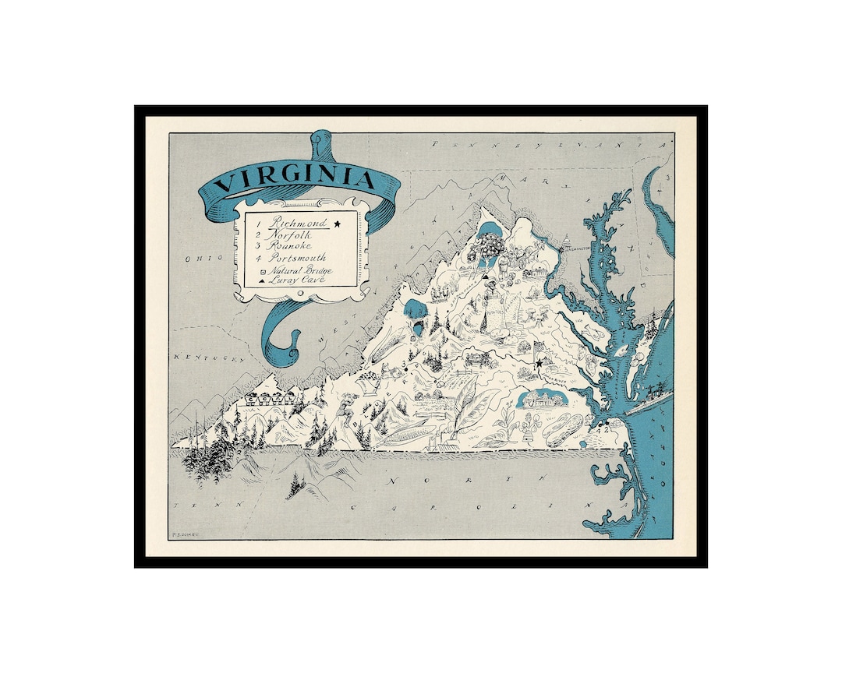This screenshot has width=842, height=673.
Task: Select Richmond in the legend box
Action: [x=295, y=222]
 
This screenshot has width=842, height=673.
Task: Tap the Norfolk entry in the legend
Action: [x=290, y=234]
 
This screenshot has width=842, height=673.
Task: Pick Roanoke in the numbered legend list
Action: [x=291, y=245]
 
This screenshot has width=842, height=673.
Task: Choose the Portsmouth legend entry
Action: [x=298, y=257]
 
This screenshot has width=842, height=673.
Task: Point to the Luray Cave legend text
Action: [x=297, y=279]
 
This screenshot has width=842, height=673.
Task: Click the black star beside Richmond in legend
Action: [x=338, y=224]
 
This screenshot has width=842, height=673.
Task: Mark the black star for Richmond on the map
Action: [x=538, y=362]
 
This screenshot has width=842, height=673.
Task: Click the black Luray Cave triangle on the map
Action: [x=485, y=277]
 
